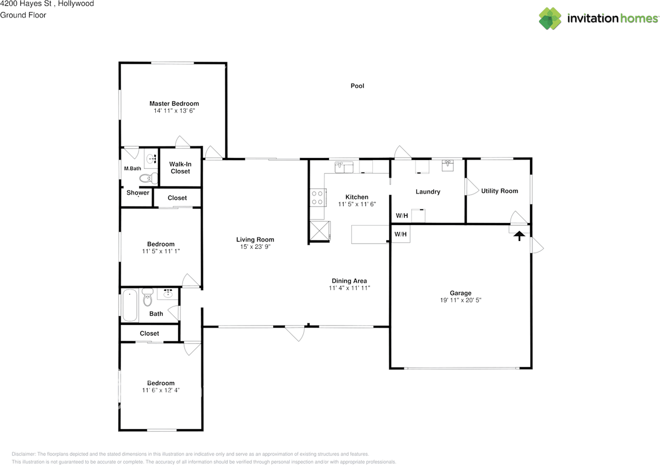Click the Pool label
357,86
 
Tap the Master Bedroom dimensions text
174,111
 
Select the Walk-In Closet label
180,168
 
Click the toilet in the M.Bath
148,178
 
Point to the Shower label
138,193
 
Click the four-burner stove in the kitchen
318,197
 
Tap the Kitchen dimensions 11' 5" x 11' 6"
357,204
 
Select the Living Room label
255,239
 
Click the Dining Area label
349,281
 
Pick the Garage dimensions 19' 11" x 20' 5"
460,300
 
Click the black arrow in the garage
519,236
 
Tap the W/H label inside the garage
401,234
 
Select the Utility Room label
500,191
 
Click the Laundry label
428,192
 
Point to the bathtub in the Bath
129,305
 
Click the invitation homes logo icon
550,19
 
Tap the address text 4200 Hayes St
26,4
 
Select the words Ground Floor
23,15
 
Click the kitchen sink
344,167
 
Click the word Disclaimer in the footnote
23,454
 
